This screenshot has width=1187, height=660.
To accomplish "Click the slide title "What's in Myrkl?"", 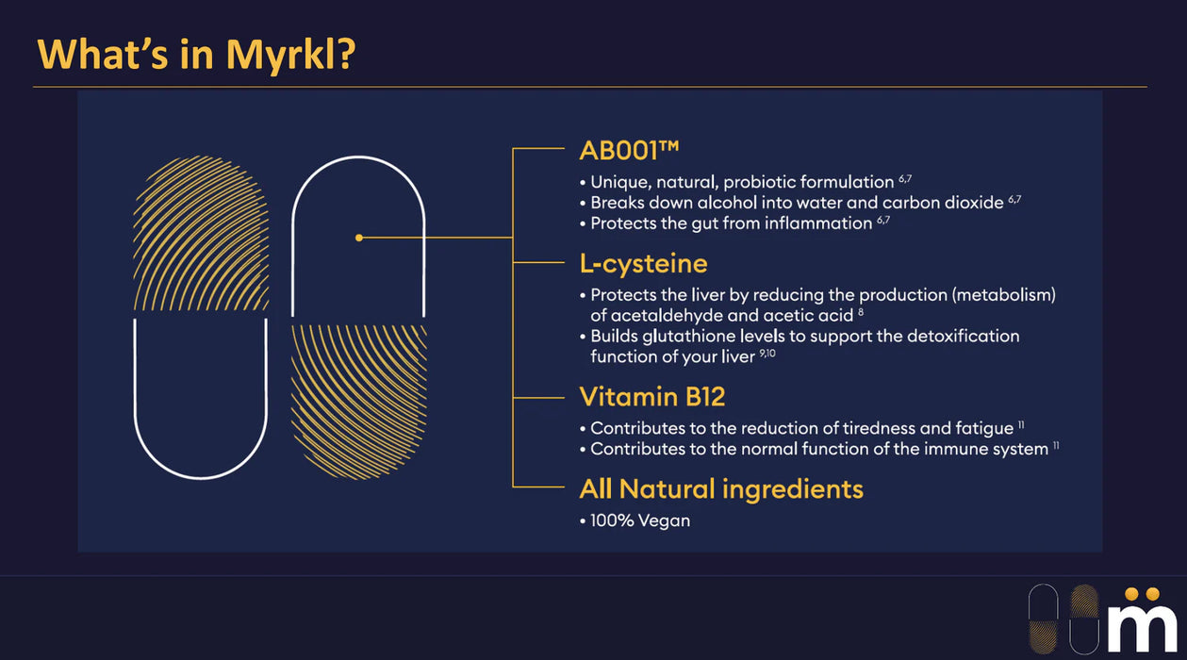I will [x=196, y=55].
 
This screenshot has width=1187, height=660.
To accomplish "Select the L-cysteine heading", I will [x=643, y=263].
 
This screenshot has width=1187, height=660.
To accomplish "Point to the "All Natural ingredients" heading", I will [x=721, y=488].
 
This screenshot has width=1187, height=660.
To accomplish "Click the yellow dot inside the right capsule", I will [x=359, y=238].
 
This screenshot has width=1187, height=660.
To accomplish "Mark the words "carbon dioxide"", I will [x=943, y=203].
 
